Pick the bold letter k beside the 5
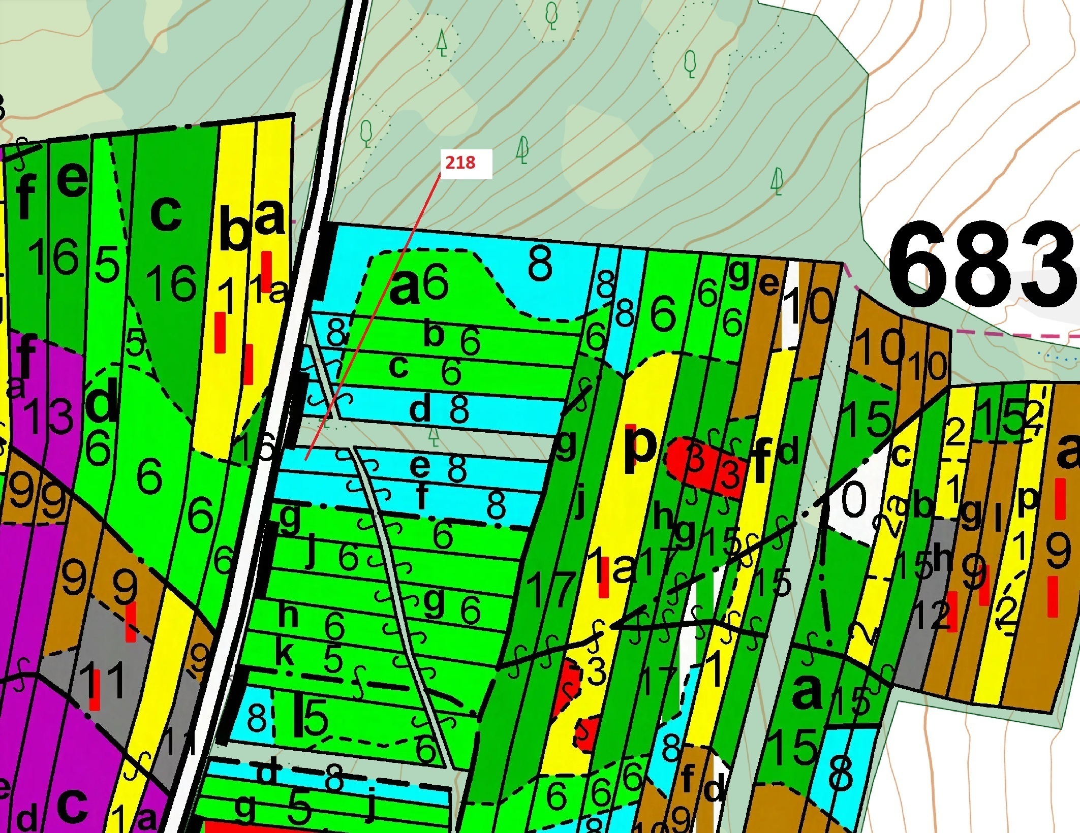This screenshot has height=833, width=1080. [x=285, y=655]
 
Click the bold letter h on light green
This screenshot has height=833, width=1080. [x=289, y=615]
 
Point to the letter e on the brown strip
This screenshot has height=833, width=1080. [x=769, y=283]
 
